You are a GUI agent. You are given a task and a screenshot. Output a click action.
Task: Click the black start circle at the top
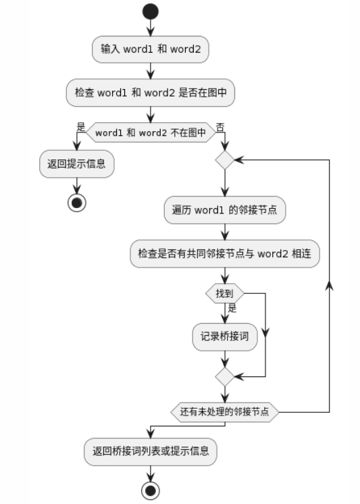(x=151, y=11)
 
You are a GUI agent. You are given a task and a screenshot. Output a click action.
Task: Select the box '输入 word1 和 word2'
(x=151, y=49)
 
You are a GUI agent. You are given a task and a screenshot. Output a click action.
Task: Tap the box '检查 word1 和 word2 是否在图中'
(x=151, y=93)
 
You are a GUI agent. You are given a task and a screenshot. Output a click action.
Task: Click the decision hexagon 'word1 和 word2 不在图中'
(x=151, y=132)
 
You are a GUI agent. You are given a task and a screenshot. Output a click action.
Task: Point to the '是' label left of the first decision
(x=80, y=126)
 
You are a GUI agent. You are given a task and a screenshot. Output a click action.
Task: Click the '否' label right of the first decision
(x=220, y=127)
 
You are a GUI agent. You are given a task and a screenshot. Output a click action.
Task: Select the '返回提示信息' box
(x=77, y=164)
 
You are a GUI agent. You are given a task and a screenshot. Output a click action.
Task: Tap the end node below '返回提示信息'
(x=77, y=203)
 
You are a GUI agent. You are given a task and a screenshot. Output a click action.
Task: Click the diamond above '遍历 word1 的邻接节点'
(x=225, y=159)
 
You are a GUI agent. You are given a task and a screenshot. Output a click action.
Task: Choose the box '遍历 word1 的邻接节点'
(x=225, y=210)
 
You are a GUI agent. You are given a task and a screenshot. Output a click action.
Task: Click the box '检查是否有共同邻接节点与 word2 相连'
(x=225, y=253)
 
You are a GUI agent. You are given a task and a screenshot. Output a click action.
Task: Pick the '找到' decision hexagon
(x=225, y=293)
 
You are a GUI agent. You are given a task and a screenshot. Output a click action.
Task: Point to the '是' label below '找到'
(x=232, y=308)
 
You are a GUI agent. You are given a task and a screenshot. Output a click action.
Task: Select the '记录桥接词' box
(x=225, y=337)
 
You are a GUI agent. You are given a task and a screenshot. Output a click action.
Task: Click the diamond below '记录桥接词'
(x=225, y=376)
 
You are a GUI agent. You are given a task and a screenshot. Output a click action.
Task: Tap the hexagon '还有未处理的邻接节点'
(x=225, y=412)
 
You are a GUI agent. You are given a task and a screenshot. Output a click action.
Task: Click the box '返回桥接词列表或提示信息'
(x=151, y=451)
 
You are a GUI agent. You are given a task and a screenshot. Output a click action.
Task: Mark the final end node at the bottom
(x=151, y=490)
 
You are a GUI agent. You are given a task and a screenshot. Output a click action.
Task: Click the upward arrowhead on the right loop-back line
(x=329, y=286)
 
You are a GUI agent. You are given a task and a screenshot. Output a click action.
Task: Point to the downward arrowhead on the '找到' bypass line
(x=265, y=332)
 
